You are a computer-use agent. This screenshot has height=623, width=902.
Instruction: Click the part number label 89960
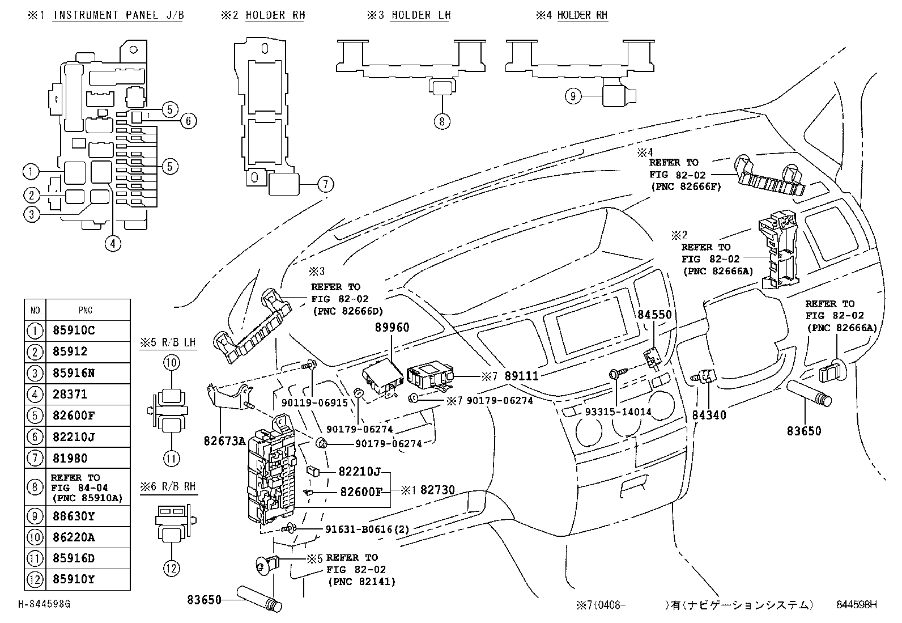(392, 327)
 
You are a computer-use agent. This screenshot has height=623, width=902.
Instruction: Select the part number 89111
(521, 376)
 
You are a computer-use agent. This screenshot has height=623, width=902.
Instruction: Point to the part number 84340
(709, 415)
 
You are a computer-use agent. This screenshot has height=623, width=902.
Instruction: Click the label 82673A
(225, 440)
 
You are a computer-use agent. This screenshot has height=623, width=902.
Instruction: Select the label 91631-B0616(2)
(367, 529)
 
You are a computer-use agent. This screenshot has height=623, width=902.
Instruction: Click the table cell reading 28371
(71, 394)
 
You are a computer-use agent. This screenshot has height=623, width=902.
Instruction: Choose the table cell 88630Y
(74, 516)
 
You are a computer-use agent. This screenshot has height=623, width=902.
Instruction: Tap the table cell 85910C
(74, 330)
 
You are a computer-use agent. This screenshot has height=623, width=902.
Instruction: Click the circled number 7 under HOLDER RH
(325, 184)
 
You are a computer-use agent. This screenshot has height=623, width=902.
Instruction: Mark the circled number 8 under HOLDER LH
(442, 121)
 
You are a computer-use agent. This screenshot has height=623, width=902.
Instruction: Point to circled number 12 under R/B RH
(172, 568)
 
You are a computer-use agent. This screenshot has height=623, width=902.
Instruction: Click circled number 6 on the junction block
(189, 120)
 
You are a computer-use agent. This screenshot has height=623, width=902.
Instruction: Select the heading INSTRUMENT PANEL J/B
(118, 15)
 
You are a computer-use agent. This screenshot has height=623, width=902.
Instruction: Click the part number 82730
(437, 490)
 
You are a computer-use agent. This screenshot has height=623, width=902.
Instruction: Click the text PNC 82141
(361, 582)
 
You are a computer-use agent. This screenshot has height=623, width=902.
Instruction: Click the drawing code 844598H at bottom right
(856, 604)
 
